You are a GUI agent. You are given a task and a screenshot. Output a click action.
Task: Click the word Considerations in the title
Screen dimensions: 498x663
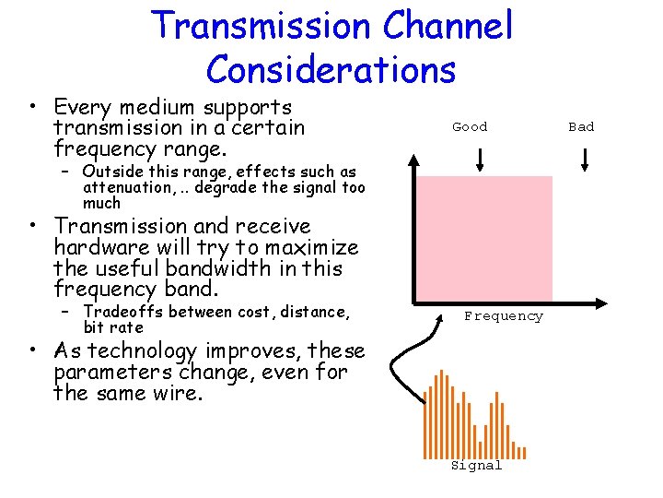point(331,69)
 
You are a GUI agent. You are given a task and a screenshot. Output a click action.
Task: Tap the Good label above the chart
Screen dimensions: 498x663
point(470,127)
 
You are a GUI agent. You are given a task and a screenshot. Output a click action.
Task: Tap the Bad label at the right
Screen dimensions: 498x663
point(581,127)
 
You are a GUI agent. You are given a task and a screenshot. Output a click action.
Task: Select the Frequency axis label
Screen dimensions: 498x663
point(504,316)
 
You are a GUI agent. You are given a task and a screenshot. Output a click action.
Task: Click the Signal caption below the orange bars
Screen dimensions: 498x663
point(476,466)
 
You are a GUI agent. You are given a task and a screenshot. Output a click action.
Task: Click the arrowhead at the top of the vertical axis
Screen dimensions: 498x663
point(414,161)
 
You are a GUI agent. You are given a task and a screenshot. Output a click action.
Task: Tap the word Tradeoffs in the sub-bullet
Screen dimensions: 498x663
point(118,313)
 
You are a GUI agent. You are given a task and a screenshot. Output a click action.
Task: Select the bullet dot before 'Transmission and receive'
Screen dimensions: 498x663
point(31,227)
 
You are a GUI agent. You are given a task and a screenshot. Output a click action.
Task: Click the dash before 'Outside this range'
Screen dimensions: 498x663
point(65,172)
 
